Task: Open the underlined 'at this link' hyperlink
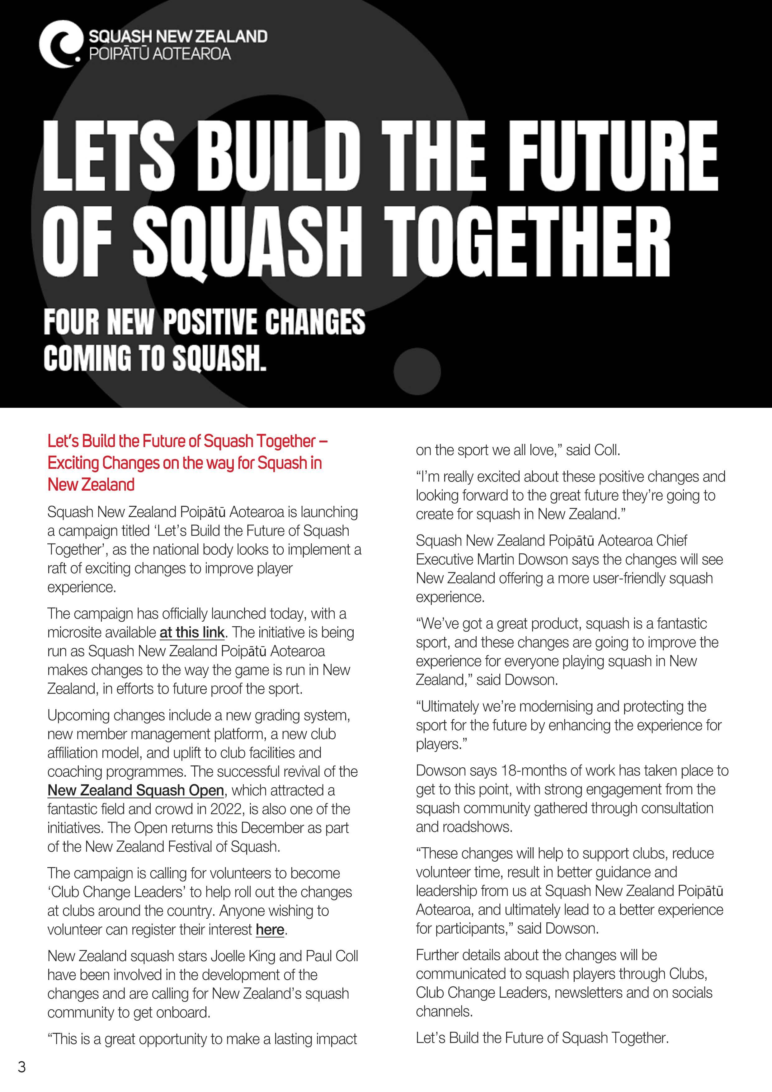(192, 633)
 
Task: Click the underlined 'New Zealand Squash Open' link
(135, 790)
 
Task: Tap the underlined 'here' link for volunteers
(270, 930)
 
